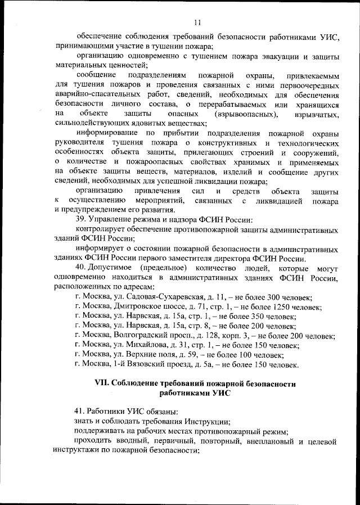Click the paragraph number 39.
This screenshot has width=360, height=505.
point(80,219)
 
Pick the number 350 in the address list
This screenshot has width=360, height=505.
point(264,316)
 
